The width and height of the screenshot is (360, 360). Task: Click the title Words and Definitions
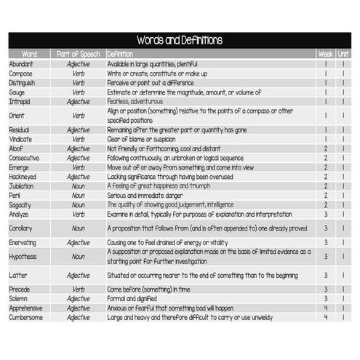pos(180,40)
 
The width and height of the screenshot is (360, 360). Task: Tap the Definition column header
pos(120,54)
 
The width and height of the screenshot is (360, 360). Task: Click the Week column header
pos(325,54)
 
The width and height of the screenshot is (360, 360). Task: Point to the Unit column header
pos(343,54)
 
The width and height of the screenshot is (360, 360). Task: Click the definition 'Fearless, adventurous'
pos(137,102)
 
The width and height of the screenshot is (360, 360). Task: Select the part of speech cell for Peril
pos(78,196)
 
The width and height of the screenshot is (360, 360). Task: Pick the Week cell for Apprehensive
pos(325,308)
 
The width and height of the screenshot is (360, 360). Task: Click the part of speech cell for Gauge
pos(78,92)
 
